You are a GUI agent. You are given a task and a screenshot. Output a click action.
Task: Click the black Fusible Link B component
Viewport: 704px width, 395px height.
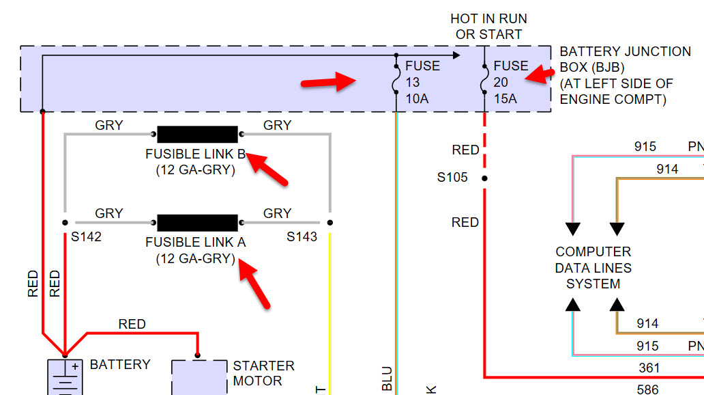pyautogui.click(x=197, y=134)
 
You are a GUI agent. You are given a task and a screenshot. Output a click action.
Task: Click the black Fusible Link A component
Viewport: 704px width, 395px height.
pyautogui.click(x=197, y=222)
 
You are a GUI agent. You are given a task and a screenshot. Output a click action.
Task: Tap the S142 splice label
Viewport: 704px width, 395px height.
pyautogui.click(x=86, y=237)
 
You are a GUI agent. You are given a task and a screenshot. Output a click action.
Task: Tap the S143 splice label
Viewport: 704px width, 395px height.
pyautogui.click(x=302, y=237)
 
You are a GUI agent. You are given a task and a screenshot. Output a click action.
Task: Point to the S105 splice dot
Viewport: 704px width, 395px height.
pyautogui.click(x=484, y=178)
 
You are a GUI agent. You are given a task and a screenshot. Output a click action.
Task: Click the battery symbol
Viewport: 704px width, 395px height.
pyautogui.click(x=65, y=376)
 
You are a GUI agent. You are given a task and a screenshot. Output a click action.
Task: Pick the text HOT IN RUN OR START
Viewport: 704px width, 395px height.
pyautogui.click(x=488, y=27)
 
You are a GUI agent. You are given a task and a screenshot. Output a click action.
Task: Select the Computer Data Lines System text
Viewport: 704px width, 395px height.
pyautogui.click(x=593, y=268)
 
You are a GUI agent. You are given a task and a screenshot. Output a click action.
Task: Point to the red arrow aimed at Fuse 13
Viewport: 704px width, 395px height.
pyautogui.click(x=329, y=82)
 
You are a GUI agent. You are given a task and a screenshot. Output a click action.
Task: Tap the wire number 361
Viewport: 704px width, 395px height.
pyautogui.click(x=649, y=368)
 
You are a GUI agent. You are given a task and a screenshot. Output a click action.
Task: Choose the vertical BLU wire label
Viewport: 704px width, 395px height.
pyautogui.click(x=387, y=378)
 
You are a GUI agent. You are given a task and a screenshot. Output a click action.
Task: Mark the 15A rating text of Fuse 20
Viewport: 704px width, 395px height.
pyautogui.click(x=505, y=99)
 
